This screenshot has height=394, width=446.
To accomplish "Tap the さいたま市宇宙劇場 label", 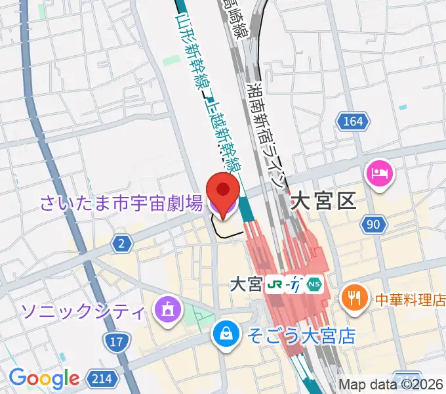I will [121, 204].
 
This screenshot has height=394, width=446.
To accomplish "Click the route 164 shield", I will [352, 121].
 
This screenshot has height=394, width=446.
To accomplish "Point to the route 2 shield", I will [121, 244].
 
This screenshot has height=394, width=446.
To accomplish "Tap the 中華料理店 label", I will [409, 300].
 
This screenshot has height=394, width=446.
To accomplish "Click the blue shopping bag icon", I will [226, 334].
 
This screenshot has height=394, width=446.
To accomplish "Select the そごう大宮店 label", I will [301, 336].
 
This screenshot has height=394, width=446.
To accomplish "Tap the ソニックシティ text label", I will [83, 309].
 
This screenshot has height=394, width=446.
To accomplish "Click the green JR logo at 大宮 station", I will [275, 284].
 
